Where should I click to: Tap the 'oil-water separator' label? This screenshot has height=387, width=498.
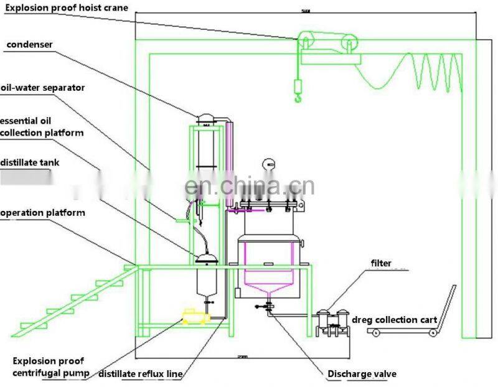click(42, 88)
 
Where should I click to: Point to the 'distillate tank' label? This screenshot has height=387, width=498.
click(30, 163)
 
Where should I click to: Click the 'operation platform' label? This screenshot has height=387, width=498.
click(42, 213)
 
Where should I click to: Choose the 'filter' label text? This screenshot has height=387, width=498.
click(381, 263)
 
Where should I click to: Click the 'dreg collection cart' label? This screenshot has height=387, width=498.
click(393, 320)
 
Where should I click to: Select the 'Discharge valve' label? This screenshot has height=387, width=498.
click(362, 374)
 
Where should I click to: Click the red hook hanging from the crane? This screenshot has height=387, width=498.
click(296, 93)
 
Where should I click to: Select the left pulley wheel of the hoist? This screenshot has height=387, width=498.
click(306, 40)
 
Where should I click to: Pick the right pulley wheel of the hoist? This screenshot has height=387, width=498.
click(350, 44)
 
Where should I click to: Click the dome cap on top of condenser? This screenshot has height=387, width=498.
click(205, 118)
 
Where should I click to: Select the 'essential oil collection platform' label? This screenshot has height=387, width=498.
click(42, 126)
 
